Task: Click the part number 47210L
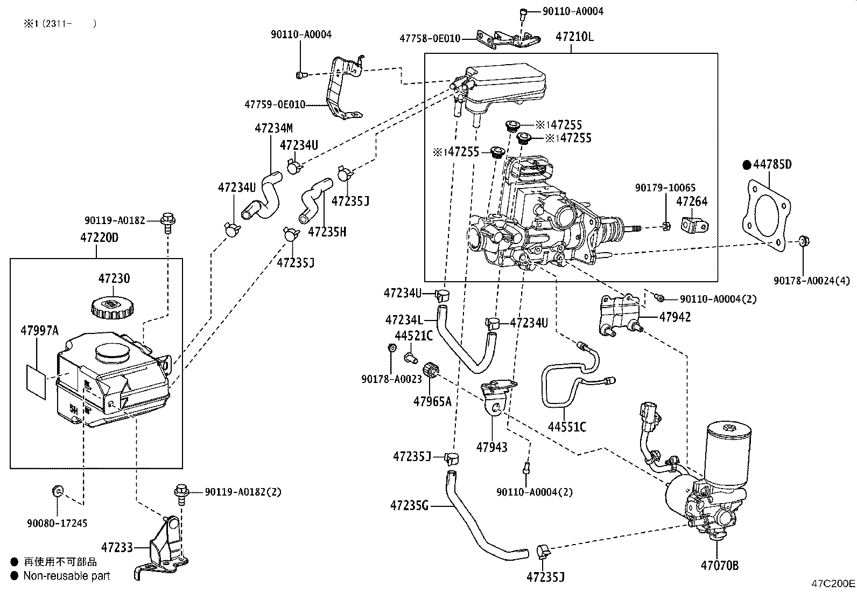click(x=574, y=37)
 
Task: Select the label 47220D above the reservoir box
click(x=100, y=237)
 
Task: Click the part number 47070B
click(x=719, y=565)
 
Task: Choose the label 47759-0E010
click(x=274, y=105)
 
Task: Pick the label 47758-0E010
click(x=430, y=38)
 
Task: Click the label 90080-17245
click(x=57, y=523)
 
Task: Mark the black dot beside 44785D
click(x=746, y=165)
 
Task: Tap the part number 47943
click(x=491, y=447)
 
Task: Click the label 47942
click(x=675, y=317)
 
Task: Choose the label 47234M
click(x=273, y=128)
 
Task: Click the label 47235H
click(x=327, y=232)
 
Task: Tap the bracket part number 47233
click(x=117, y=548)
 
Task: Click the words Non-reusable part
click(x=67, y=576)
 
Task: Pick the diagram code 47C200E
click(x=833, y=583)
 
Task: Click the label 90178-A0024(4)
click(x=812, y=280)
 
